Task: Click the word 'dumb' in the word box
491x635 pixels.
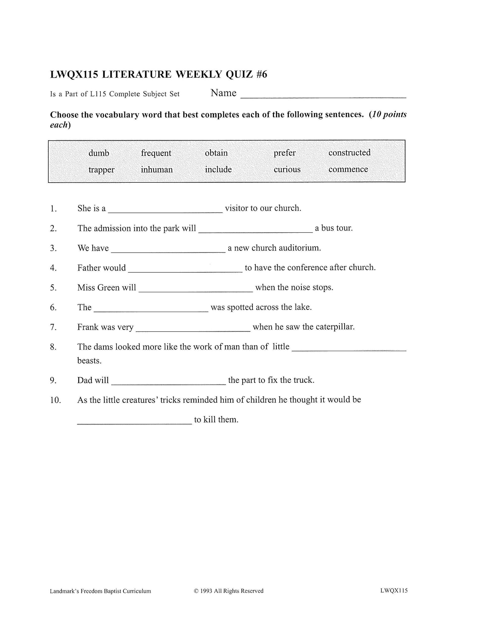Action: (99, 153)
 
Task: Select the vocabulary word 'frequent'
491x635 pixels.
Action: (156, 153)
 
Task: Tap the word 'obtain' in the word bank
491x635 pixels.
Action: (216, 153)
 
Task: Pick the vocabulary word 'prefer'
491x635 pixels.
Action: (284, 153)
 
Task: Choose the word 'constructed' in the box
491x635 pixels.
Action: (349, 153)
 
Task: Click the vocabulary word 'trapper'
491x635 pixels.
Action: (101, 169)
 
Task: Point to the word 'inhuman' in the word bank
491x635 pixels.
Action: (157, 169)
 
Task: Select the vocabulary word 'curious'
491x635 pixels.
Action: (287, 169)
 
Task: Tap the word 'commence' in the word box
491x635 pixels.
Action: (348, 169)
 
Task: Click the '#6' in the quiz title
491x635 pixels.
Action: (261, 74)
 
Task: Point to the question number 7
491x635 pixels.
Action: (53, 327)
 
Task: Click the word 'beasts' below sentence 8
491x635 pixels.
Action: (89, 361)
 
